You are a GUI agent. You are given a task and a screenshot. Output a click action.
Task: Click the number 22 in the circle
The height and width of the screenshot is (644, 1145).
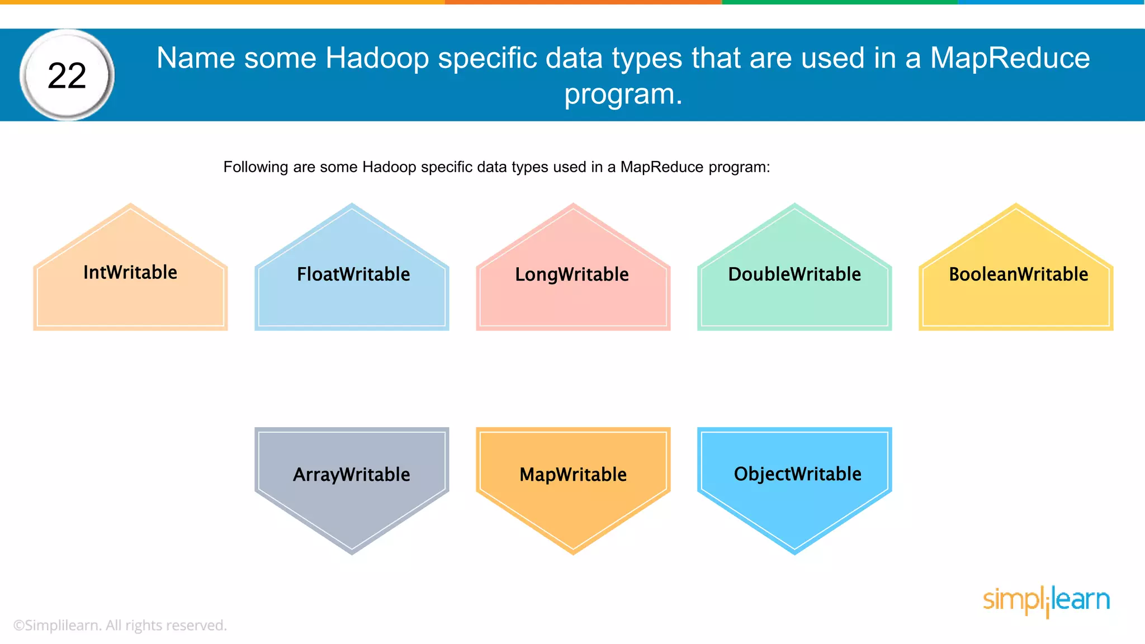pos(67,75)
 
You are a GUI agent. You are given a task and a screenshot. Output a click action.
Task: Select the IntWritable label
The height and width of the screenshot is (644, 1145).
pos(130,272)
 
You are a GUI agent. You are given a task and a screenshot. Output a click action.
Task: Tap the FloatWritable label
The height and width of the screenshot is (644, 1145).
pos(353,274)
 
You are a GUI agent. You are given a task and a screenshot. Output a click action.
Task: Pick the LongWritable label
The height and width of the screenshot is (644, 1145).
pos(572,274)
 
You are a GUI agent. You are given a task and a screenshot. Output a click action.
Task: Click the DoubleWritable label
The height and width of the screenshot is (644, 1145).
pos(794,274)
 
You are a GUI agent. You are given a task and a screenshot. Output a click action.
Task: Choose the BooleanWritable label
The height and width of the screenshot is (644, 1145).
pos(1018,274)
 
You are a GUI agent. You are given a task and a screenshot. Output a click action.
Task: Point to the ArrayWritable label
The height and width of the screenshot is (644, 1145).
pos(352,475)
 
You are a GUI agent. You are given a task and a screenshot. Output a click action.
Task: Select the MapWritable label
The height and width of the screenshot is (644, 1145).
pos(573,475)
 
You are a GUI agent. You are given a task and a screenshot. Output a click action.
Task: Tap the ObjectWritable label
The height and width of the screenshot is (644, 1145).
pos(797,474)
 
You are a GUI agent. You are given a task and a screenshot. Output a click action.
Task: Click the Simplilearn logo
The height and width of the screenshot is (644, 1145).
pos(1046,600)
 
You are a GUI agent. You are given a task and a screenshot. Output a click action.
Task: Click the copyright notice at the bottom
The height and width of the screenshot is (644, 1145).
pos(120,625)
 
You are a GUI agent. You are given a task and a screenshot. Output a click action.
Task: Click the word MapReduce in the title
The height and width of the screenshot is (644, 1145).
pos(1010,58)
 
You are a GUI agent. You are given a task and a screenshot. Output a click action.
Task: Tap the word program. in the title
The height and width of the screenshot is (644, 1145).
pos(623,94)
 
